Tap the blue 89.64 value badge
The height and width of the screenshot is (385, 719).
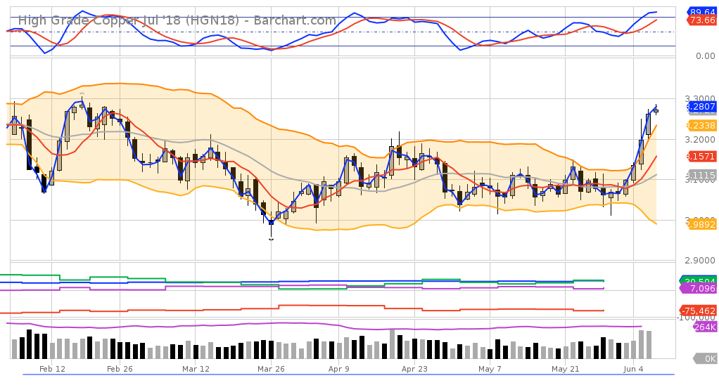(x=702, y=11)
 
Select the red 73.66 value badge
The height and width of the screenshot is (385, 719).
(x=702, y=21)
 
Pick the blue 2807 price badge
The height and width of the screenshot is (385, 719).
(x=701, y=107)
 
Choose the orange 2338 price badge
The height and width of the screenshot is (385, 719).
(x=701, y=126)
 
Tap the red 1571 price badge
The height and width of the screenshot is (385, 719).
(x=701, y=156)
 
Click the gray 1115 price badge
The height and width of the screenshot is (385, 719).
(x=701, y=175)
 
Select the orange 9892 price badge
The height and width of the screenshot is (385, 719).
(x=701, y=224)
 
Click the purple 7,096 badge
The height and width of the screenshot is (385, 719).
(x=701, y=289)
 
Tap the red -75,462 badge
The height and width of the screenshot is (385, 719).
(x=698, y=311)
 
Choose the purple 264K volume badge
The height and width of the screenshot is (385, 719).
(x=704, y=327)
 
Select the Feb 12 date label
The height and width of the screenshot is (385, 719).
(x=52, y=369)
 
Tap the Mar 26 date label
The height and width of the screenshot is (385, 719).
(x=270, y=369)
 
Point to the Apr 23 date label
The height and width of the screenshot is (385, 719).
(x=414, y=369)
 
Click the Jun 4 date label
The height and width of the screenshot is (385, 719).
(x=634, y=369)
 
